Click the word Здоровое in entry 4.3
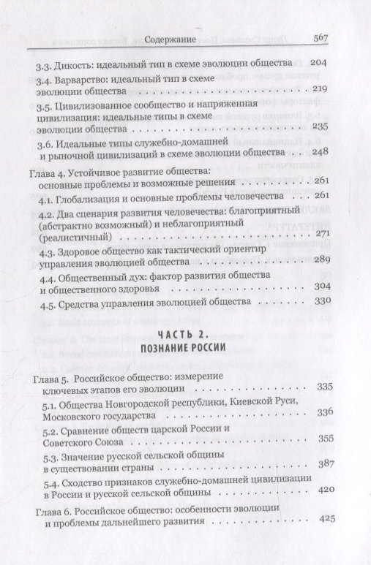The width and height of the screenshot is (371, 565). point(84,261)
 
